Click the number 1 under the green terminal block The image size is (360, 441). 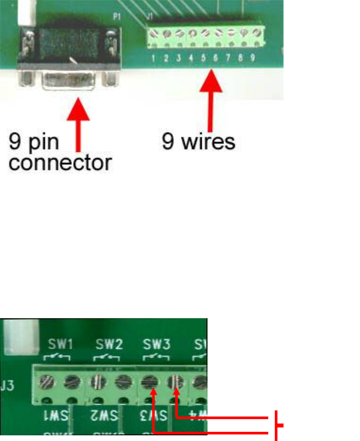154,58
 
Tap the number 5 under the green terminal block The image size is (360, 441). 204,58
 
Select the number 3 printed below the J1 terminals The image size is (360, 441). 179,58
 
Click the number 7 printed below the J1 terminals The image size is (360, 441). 228,58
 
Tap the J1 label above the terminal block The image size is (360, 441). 150,17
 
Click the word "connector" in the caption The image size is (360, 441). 60,163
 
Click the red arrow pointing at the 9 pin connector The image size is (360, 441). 78,125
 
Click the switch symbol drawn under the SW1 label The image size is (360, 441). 59,358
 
